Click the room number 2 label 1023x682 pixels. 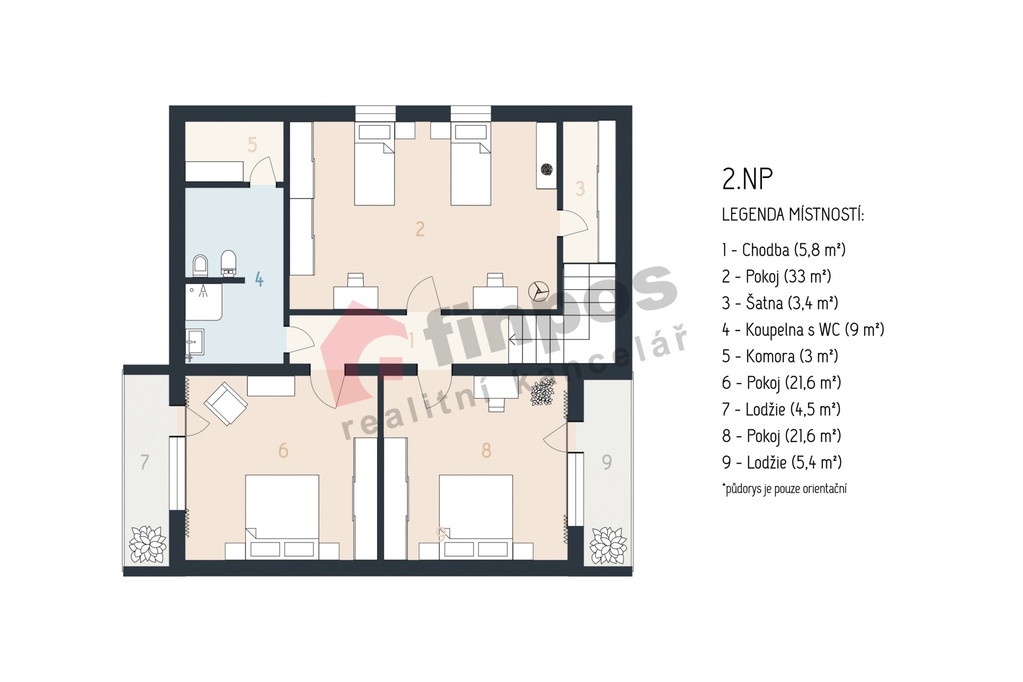click(x=420, y=229)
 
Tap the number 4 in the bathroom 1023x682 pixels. click(x=259, y=279)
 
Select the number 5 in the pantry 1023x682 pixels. click(x=253, y=144)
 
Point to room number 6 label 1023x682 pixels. click(x=283, y=451)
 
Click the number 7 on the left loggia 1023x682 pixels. click(x=144, y=462)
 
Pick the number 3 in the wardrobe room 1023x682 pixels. click(x=580, y=189)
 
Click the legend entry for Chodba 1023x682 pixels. click(x=784, y=250)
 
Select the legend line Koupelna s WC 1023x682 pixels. click(x=803, y=330)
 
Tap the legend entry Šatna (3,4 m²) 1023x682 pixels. click(x=780, y=303)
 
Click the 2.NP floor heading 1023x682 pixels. click(x=747, y=179)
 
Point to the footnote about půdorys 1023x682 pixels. click(x=784, y=489)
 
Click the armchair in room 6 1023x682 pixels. click(x=226, y=404)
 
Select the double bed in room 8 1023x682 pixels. click(x=476, y=517)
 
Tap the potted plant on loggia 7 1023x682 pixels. click(x=148, y=545)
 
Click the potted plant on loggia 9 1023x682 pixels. click(x=608, y=545)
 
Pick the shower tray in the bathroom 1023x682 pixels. click(x=204, y=302)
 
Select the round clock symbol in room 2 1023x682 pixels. click(x=539, y=291)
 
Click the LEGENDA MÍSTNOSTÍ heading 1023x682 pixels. click(x=793, y=215)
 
